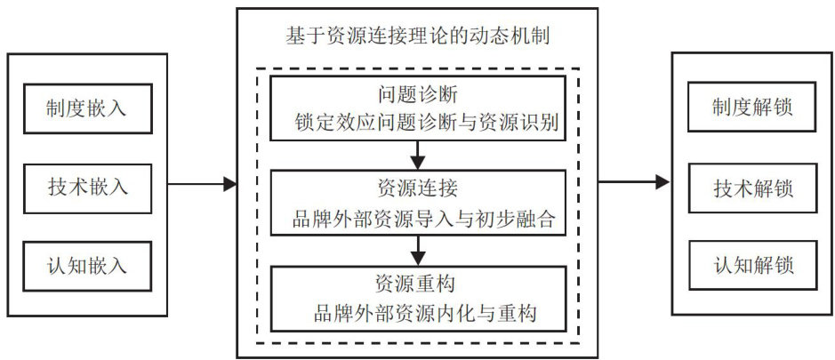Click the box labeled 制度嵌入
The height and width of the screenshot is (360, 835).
pyautogui.click(x=86, y=108)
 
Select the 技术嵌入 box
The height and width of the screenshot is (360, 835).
pyautogui.click(x=86, y=187)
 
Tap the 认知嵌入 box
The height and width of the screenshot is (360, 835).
pyautogui.click(x=86, y=265)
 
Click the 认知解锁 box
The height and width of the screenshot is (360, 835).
pyautogui.click(x=752, y=265)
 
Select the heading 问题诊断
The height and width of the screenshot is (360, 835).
pyautogui.click(x=417, y=95)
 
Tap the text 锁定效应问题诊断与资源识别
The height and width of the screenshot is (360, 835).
pyautogui.click(x=426, y=124)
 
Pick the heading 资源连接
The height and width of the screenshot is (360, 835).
pyautogui.click(x=417, y=190)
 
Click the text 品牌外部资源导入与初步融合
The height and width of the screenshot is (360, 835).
pyautogui.click(x=425, y=220)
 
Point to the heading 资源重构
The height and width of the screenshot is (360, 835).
pyautogui.click(x=417, y=285)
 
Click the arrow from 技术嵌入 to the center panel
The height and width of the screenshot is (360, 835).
pyautogui.click(x=203, y=185)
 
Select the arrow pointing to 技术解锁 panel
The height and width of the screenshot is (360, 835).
pyautogui.click(x=633, y=183)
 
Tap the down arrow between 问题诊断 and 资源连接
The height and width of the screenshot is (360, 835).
pyautogui.click(x=417, y=156)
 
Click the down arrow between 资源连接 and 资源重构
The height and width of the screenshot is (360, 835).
pyautogui.click(x=417, y=250)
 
